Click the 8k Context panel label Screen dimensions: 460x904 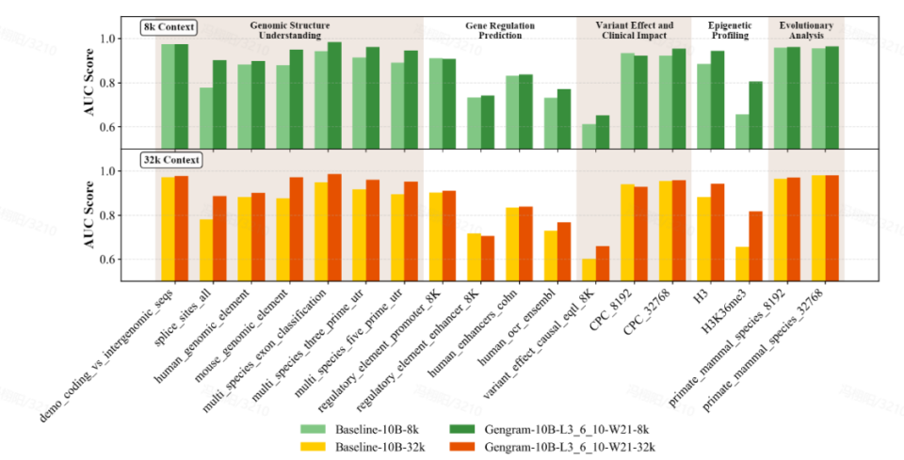[169, 26]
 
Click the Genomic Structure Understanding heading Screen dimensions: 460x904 [289, 30]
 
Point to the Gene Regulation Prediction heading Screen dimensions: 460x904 [499, 30]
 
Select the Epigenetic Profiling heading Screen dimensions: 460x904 [728, 30]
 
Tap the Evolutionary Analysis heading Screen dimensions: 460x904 [806, 30]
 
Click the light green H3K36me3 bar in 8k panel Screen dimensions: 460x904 [743, 130]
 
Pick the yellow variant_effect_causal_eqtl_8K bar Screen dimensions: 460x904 [589, 269]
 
